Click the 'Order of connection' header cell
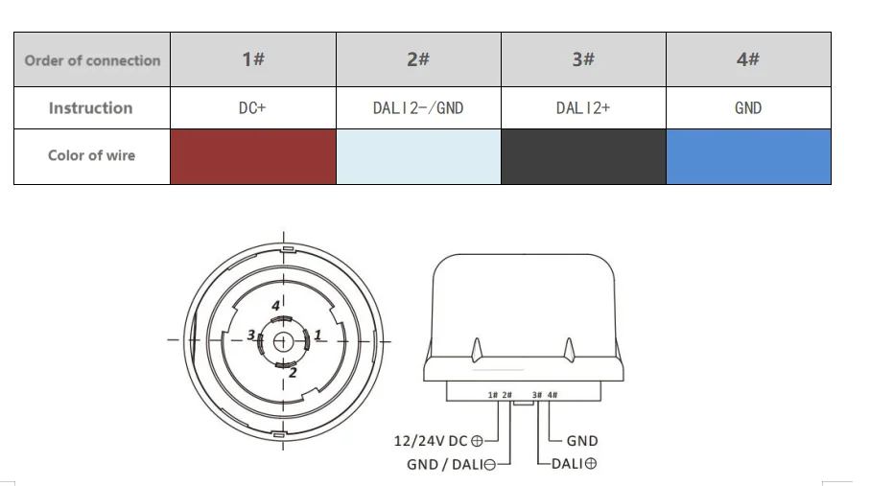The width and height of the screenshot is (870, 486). click(x=92, y=60)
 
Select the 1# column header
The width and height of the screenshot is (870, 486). click(x=253, y=59)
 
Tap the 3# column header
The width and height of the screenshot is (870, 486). click(x=584, y=59)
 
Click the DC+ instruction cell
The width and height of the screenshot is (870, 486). click(x=253, y=107)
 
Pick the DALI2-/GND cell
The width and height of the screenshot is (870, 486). click(x=418, y=107)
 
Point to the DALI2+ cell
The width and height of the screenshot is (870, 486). click(x=584, y=107)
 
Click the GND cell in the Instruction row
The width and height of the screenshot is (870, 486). click(x=748, y=107)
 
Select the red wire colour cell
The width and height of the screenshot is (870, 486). click(x=253, y=156)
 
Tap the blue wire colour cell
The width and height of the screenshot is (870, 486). click(x=748, y=156)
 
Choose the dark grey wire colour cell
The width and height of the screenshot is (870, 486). click(x=584, y=156)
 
